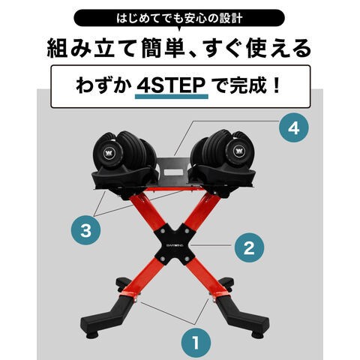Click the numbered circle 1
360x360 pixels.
coord(196,342)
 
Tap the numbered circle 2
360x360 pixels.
coord(249,247)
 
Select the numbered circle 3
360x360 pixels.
coord(85,230)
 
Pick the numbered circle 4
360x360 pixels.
coord(294,127)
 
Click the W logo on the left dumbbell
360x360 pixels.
coord(108,153)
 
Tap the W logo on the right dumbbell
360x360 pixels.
coord(238,151)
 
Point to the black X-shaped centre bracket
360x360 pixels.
coord(175,244)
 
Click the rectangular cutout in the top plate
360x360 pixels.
coord(174,172)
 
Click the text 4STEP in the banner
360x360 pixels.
coord(171,85)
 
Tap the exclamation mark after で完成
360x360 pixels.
coord(277,85)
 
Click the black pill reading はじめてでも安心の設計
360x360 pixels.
coord(179,18)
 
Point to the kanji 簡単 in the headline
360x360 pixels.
coord(163,48)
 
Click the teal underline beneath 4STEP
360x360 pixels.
coord(172,97)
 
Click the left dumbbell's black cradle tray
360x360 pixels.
coord(125,178)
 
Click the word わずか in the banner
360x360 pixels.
coord(103,85)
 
